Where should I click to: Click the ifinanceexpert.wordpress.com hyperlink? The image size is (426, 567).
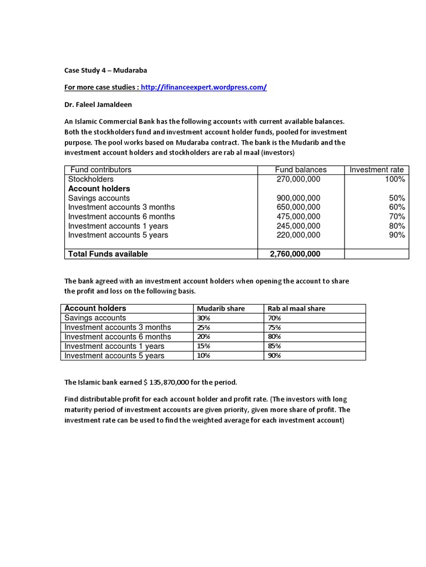point(204,87)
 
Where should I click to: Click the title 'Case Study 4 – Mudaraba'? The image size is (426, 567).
point(105,70)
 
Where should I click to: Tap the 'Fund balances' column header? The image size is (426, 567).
point(301,170)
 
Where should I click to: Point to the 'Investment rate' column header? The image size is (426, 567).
point(377,170)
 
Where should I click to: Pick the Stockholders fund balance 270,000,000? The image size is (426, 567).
point(298,179)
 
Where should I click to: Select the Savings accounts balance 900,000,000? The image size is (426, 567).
point(298,198)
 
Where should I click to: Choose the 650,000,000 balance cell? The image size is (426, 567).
point(298,207)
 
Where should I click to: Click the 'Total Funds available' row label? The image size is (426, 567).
point(108,254)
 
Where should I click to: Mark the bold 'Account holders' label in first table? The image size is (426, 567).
point(99,189)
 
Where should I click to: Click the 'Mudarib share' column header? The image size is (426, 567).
point(221,308)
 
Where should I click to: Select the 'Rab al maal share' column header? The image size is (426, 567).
point(297,308)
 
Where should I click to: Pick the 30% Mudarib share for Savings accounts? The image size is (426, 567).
point(203,318)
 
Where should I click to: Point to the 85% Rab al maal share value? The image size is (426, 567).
point(274,347)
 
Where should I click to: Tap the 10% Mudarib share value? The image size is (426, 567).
point(203,355)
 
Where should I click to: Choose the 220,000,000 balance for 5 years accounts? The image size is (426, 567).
point(298,235)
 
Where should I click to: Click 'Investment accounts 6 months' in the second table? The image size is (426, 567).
point(118,337)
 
